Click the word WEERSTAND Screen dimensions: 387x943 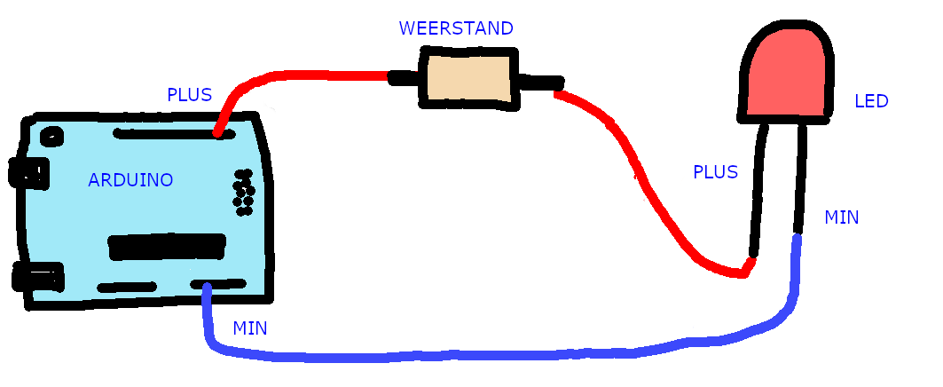point(456,28)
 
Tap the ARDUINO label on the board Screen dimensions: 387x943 point(130,180)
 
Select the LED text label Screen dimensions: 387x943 point(870,101)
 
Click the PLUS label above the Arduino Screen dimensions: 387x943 point(189,94)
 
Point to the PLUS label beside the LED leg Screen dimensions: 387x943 point(715,172)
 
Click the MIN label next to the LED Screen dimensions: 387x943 point(841,217)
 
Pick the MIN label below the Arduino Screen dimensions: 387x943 point(250,328)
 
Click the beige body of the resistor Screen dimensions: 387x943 point(468,79)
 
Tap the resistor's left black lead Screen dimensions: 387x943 point(403,77)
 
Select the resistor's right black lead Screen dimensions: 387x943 point(541,83)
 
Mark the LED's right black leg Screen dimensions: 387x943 point(800,178)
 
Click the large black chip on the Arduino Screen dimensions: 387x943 point(166,247)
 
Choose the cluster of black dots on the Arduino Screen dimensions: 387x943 point(243,193)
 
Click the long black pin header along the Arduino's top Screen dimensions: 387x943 point(169,134)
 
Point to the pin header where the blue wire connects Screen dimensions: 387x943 point(216,284)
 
